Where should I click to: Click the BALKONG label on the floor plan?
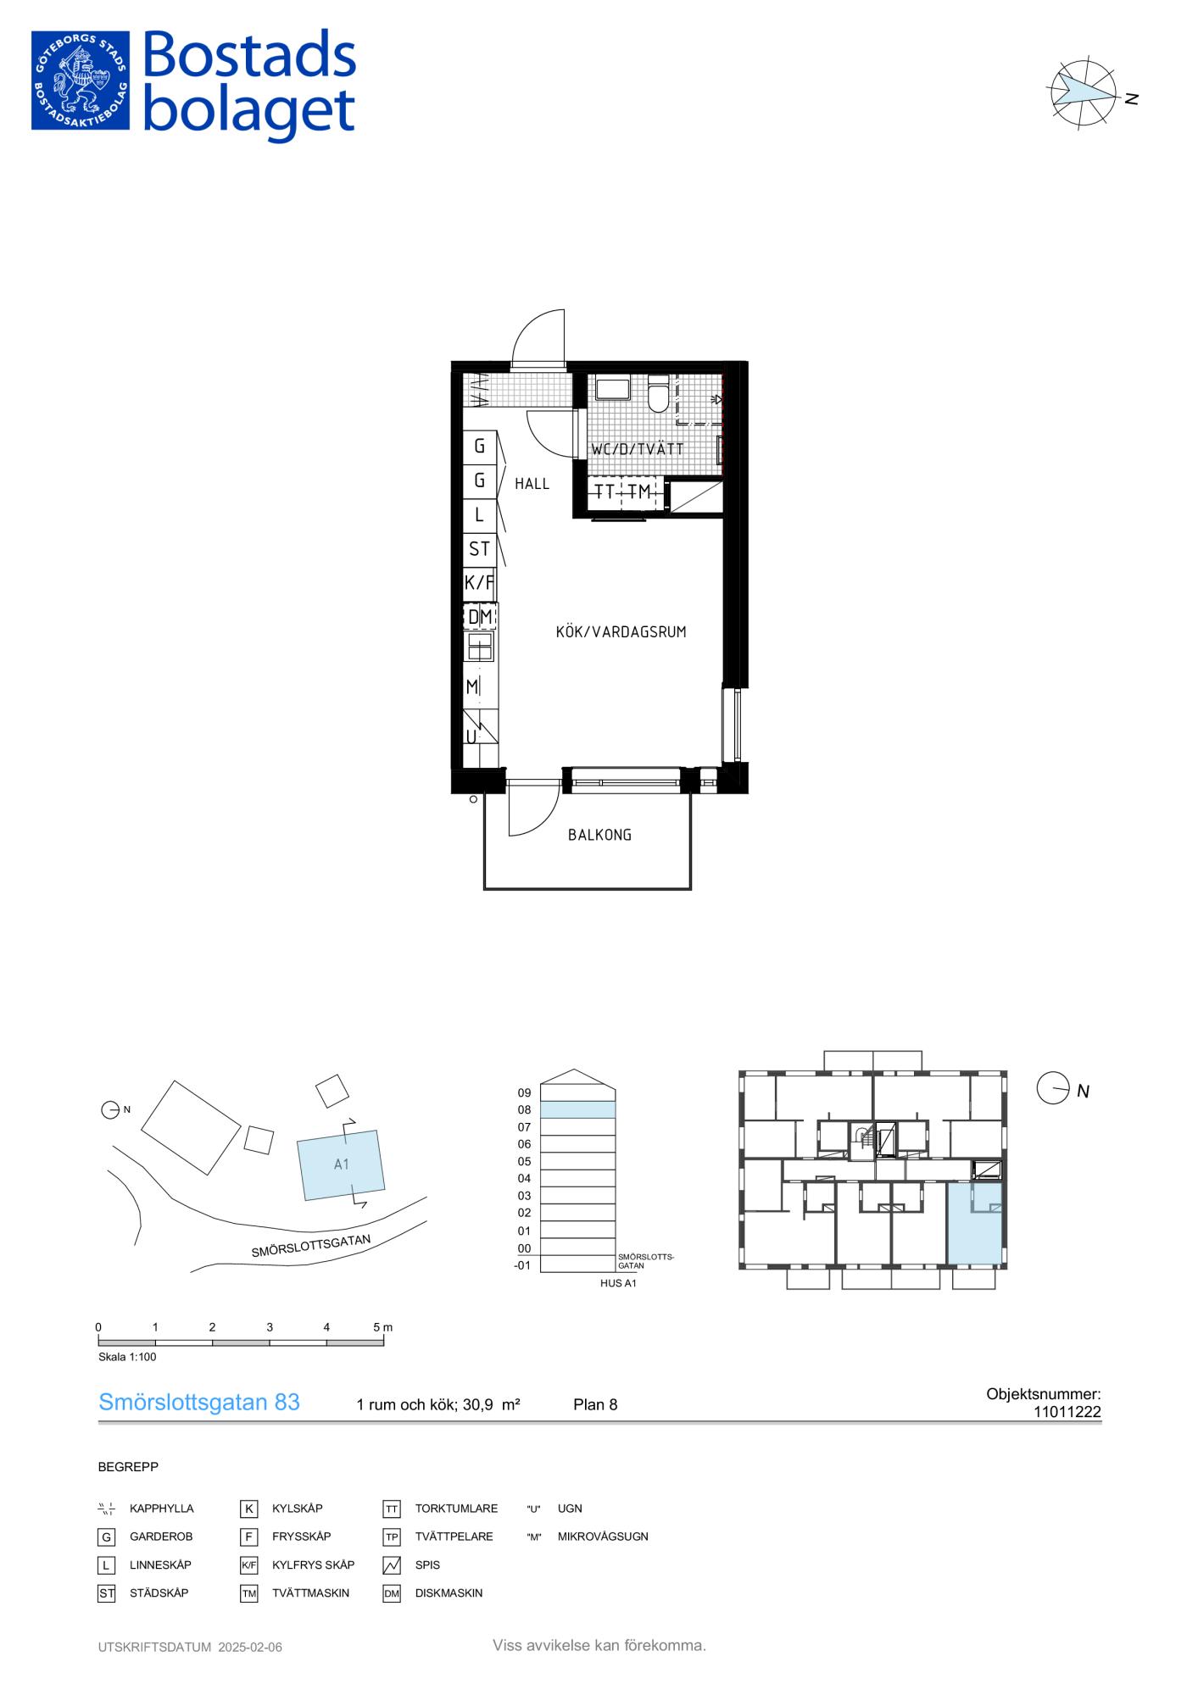point(599,835)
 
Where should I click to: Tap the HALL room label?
point(532,484)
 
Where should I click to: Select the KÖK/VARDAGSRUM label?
point(621,631)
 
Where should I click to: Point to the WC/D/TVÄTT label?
point(637,449)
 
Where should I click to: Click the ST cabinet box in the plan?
point(479,549)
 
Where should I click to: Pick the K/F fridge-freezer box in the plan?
point(479,583)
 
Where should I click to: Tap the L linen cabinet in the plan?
point(479,514)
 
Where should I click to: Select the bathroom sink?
point(612,389)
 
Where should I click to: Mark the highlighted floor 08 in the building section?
point(578,1109)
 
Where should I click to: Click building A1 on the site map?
point(341,1164)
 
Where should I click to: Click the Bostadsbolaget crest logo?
point(81,81)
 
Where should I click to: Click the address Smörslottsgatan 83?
point(199,1403)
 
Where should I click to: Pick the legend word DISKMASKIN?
point(449,1593)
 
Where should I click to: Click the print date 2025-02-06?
point(250,1648)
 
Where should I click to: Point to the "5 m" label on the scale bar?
point(383,1327)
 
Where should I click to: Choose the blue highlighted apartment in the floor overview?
point(975,1223)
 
